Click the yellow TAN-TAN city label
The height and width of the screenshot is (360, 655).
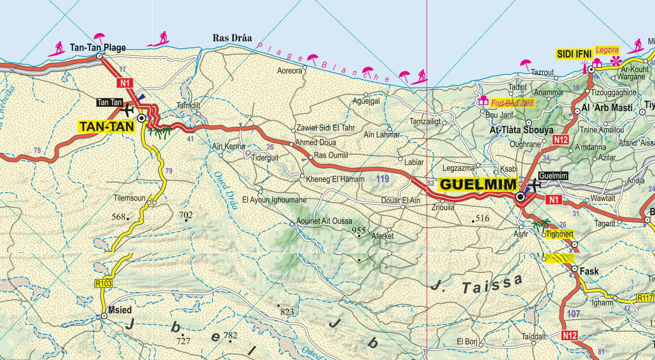(107, 127)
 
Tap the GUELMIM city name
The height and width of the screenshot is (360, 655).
(478, 184)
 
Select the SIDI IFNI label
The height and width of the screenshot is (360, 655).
(574, 54)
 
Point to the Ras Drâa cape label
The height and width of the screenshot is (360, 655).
(232, 38)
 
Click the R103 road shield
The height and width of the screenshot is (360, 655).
(103, 283)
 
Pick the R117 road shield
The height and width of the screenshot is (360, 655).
(645, 298)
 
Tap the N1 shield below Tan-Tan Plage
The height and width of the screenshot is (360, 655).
(125, 82)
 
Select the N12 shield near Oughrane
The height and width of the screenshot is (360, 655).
(561, 140)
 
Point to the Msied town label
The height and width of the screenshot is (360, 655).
(120, 310)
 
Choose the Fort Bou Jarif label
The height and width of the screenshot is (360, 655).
(512, 103)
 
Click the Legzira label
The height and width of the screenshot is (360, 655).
(607, 50)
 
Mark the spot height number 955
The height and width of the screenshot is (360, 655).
(359, 230)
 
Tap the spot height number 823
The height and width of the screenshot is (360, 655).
(287, 312)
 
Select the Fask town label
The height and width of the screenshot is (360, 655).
(589, 271)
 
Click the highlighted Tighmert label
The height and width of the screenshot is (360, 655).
(559, 234)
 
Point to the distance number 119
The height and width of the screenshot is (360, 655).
(383, 178)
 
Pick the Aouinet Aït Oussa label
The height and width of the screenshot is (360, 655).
(324, 221)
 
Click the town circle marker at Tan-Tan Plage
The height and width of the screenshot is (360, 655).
(99, 56)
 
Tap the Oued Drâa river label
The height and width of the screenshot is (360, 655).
(225, 190)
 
